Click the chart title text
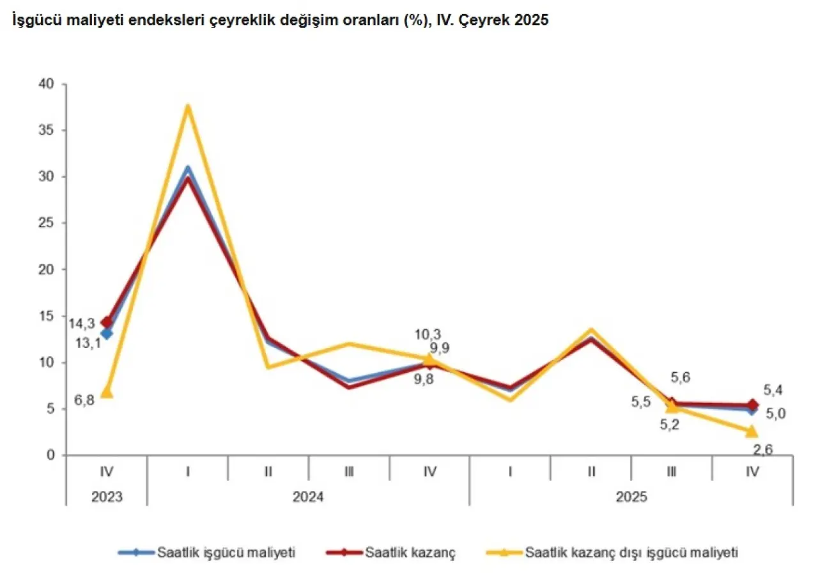(x=279, y=20)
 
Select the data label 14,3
(x=82, y=324)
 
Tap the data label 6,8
(x=82, y=401)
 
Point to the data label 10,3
(x=428, y=334)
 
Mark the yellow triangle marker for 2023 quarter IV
(x=107, y=391)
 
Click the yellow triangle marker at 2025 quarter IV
(x=752, y=431)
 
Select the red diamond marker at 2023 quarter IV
(x=107, y=322)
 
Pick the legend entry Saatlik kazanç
(x=391, y=552)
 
